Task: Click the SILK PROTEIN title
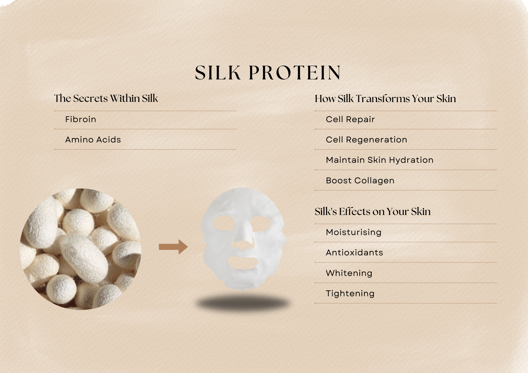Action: click(268, 72)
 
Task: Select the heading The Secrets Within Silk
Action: click(106, 98)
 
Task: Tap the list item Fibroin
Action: click(81, 119)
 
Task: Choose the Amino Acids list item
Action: click(93, 140)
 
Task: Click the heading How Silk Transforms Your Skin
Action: click(385, 98)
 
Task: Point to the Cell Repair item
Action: click(350, 119)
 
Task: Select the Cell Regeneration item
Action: click(366, 140)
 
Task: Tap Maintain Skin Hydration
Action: click(380, 160)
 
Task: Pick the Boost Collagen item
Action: click(360, 180)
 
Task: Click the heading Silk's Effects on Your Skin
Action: click(373, 211)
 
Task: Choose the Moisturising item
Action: click(353, 232)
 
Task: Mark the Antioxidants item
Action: click(354, 252)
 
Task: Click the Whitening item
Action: click(349, 273)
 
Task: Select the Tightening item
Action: click(350, 294)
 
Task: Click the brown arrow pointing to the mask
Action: click(173, 247)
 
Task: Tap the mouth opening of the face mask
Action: click(242, 263)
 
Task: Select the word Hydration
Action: click(411, 160)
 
